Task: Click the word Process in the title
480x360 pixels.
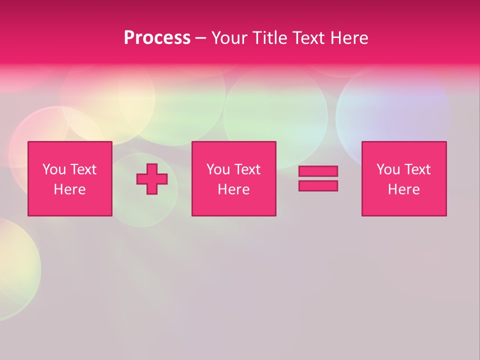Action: tap(157, 38)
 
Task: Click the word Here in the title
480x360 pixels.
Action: tap(349, 38)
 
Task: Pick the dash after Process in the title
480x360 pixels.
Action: tap(200, 38)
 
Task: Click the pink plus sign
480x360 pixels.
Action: tap(152, 179)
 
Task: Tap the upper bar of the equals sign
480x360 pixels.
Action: tap(318, 171)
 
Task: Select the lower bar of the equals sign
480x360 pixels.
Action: tap(318, 185)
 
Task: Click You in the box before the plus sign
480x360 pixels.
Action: tap(54, 169)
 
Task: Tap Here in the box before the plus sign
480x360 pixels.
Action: tap(69, 189)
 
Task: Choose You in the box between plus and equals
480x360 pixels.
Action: tap(218, 169)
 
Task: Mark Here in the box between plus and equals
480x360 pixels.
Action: tap(233, 189)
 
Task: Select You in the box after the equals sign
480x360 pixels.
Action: tap(388, 169)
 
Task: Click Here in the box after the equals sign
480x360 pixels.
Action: tap(403, 189)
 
